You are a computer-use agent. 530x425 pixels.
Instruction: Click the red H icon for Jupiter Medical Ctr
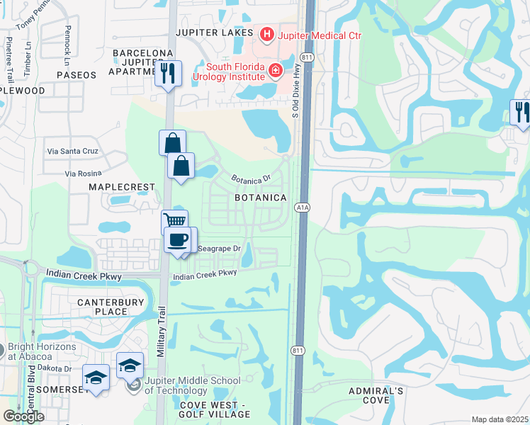click(x=266, y=33)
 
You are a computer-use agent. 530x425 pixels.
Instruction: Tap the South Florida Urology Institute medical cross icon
click(x=274, y=71)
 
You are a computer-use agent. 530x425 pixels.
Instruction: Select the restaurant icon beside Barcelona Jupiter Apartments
click(x=168, y=73)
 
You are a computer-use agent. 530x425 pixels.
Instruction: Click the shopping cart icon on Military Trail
click(x=174, y=222)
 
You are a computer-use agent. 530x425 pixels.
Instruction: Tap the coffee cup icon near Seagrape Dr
click(x=179, y=239)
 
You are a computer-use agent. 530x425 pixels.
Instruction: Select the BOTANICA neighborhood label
click(x=261, y=198)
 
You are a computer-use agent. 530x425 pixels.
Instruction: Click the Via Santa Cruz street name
click(x=74, y=152)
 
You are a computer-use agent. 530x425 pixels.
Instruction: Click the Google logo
click(x=24, y=416)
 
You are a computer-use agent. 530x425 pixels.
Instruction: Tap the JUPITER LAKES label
click(x=215, y=33)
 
